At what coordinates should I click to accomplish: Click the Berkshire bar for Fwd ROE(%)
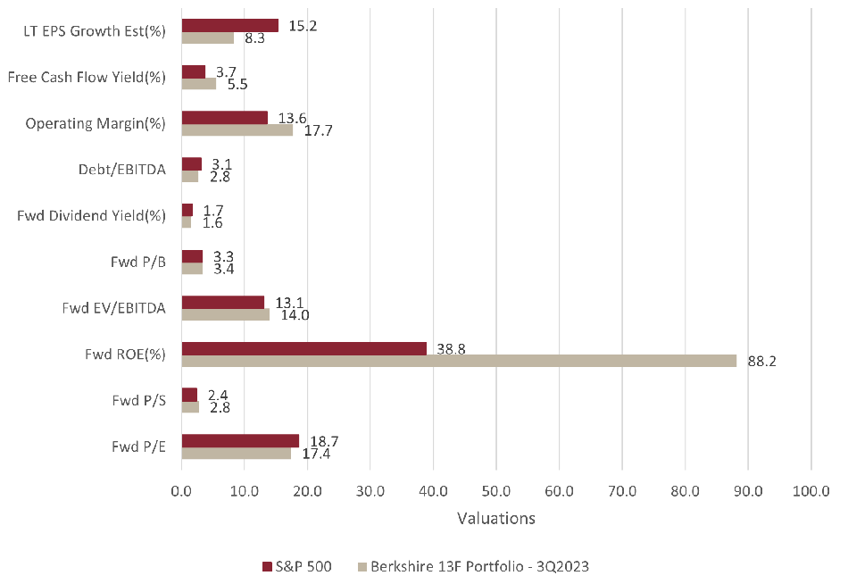[x=459, y=361]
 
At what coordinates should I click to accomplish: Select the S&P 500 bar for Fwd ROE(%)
[x=303, y=348]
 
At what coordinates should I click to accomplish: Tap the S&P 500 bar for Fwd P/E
[x=240, y=440]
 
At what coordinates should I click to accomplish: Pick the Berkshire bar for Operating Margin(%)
[x=237, y=130]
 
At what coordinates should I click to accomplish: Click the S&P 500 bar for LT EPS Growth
[x=229, y=26]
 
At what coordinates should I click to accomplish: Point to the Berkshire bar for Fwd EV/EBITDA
[x=225, y=314]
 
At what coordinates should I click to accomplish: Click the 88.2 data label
[x=761, y=363]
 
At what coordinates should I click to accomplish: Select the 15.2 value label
[x=303, y=25]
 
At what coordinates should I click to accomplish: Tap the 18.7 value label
[x=324, y=441]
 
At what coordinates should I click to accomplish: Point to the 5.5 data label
[x=237, y=85]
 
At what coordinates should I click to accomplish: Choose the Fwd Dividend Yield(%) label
[x=92, y=215]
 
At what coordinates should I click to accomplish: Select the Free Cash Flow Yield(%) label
[x=87, y=78]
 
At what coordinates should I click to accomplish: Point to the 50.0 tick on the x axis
[x=495, y=490]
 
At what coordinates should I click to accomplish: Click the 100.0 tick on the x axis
[x=811, y=490]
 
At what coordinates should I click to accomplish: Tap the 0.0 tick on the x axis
[x=181, y=490]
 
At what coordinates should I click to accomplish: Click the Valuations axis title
[x=495, y=519]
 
